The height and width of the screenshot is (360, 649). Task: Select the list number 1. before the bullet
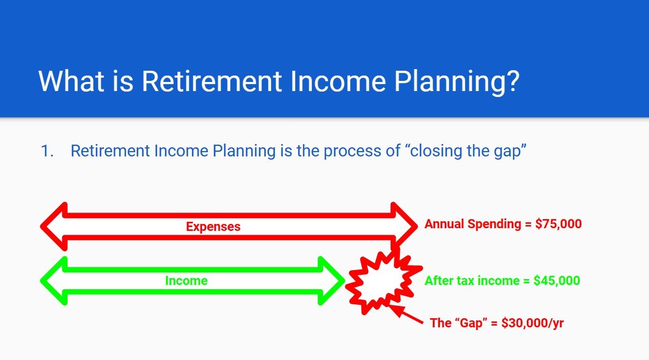48,152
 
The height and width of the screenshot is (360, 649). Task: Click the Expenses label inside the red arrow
213,227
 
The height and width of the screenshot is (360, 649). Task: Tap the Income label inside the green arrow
186,281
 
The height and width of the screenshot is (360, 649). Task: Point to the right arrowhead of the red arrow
403,226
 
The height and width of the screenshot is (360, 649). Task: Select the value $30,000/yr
533,324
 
